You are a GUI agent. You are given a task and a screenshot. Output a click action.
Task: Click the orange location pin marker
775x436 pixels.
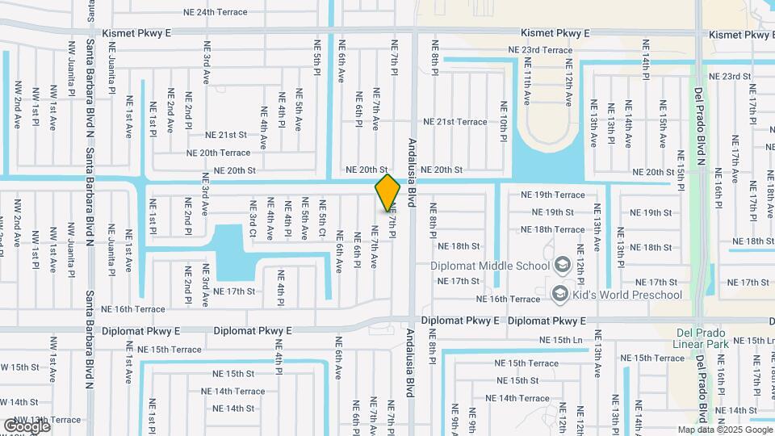[x=388, y=193]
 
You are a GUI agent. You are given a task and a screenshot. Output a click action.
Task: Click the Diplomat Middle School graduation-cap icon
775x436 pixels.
[x=562, y=265]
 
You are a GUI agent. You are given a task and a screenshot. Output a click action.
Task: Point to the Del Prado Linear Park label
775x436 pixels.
[x=701, y=338]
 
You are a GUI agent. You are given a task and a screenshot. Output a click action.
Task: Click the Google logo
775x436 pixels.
[x=27, y=426]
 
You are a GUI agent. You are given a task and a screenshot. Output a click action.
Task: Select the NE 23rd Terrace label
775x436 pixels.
[x=540, y=50]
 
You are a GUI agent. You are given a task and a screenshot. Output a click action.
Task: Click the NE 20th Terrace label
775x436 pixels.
[x=218, y=153]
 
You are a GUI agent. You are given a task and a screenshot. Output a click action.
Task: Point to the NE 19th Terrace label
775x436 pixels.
[x=552, y=195]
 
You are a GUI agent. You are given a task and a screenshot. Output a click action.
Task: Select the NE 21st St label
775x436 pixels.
[x=225, y=136]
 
